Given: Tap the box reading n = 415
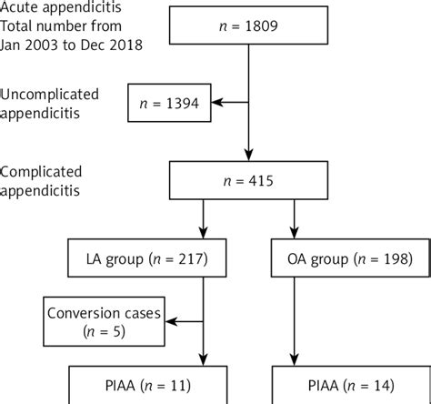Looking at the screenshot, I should point(248,182).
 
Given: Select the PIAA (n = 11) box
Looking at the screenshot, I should point(143,385).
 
